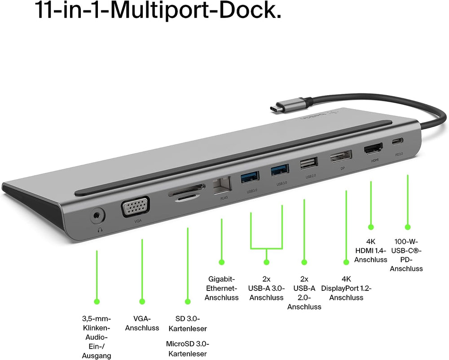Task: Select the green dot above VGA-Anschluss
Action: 142,302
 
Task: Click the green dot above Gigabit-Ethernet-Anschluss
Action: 221,262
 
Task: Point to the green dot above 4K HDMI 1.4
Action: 371,228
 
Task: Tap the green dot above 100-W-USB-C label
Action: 407,228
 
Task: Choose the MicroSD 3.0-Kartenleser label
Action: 188,349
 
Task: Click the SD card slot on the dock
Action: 185,192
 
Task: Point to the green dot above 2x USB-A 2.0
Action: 304,262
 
